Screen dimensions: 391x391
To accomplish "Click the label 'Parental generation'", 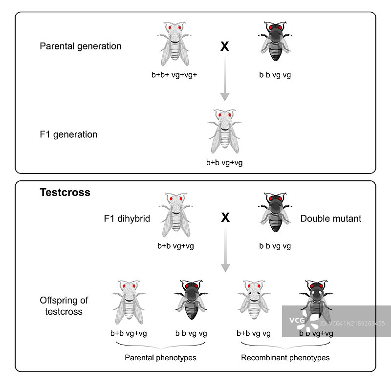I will (x=81, y=47).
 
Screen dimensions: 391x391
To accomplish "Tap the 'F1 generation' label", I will (x=68, y=134).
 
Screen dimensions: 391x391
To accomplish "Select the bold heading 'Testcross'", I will (x=65, y=193).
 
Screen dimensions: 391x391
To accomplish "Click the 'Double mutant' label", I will (x=331, y=218).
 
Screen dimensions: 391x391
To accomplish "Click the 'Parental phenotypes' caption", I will (x=160, y=358).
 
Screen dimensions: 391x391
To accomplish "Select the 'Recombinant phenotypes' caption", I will (x=285, y=358).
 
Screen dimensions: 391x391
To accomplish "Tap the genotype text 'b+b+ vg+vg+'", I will (x=174, y=75).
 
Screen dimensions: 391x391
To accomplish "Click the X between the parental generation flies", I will (x=225, y=47).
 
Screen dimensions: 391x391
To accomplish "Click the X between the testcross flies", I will (x=225, y=218).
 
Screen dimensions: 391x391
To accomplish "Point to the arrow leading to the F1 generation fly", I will (x=225, y=78).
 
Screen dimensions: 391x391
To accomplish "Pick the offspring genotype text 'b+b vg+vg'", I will (x=129, y=334).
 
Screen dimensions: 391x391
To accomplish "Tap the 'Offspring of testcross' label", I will (x=64, y=305).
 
